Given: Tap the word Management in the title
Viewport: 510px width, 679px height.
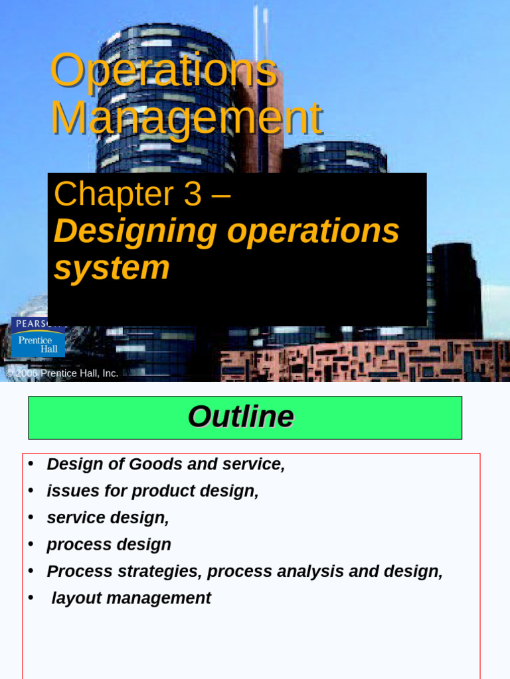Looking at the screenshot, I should tap(186, 119).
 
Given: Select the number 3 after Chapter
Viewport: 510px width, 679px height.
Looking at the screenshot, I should tap(192, 194).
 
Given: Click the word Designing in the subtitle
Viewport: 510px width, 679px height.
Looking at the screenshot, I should tap(135, 231).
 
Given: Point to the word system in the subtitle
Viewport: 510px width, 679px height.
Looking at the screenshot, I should tap(112, 268).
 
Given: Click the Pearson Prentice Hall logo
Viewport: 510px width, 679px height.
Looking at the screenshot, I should tap(38, 338).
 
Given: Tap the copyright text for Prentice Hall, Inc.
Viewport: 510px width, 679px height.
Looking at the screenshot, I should tap(62, 373).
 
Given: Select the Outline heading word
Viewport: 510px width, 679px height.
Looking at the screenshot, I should tap(240, 417).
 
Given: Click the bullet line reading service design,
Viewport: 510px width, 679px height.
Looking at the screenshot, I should tap(108, 518).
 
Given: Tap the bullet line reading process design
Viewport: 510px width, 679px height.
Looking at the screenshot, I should tap(109, 545).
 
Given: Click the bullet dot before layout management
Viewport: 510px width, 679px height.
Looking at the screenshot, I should tap(31, 597).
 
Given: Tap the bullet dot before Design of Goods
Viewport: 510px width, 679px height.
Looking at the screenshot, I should tap(31, 463).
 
